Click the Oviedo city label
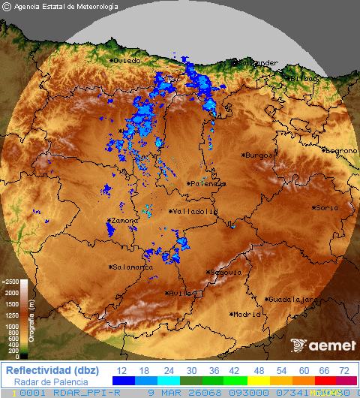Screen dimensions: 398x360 point(127,61)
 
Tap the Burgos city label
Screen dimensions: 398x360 point(259,155)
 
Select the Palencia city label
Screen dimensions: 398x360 point(208,183)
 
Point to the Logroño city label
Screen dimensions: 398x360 point(341,150)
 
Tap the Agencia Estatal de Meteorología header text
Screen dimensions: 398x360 point(66,7)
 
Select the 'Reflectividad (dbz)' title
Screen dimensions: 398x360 point(50,370)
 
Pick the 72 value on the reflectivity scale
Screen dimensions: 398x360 point(345,371)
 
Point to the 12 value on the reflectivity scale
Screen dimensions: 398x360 point(121,371)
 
